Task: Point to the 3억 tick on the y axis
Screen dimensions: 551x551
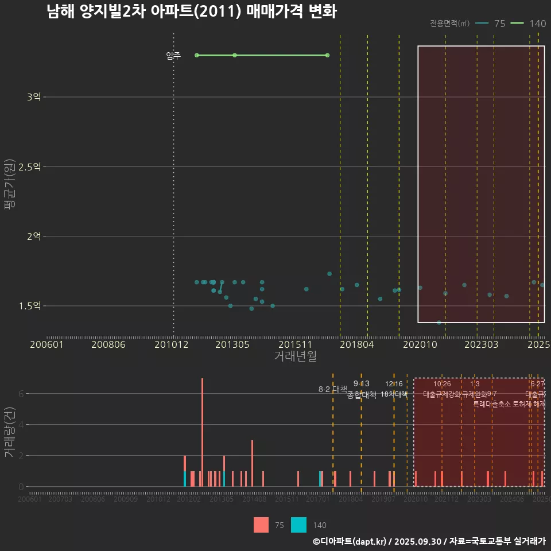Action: click(33, 97)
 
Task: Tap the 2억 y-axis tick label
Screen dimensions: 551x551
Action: click(33, 236)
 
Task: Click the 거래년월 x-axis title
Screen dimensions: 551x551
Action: click(295, 356)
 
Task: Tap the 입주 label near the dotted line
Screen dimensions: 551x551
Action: click(173, 56)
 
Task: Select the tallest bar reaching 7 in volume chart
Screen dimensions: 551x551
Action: click(202, 432)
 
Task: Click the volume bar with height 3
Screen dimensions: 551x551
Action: click(253, 463)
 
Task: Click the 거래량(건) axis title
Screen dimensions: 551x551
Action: click(10, 432)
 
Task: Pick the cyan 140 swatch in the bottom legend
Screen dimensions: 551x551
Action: click(298, 525)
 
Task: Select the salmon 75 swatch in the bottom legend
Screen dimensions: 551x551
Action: click(261, 525)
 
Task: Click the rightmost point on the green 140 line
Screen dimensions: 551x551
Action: click(327, 55)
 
